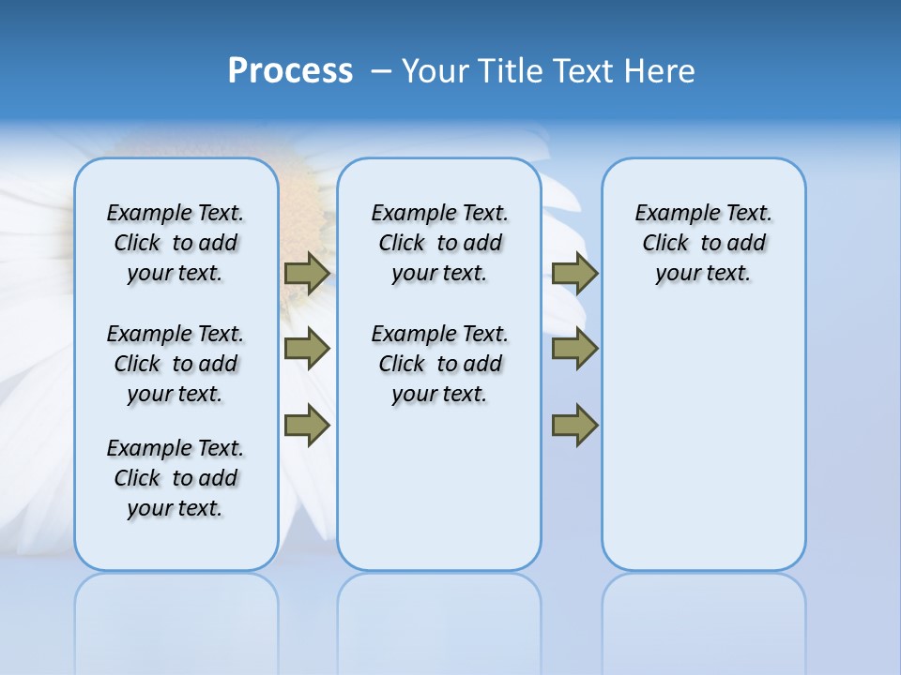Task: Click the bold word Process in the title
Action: click(290, 71)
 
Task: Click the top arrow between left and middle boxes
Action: click(307, 274)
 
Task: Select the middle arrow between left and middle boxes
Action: click(307, 349)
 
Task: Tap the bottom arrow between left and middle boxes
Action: click(307, 426)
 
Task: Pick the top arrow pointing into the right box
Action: click(574, 274)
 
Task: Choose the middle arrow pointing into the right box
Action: click(574, 349)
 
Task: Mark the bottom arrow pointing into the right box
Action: click(574, 426)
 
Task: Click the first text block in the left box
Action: click(176, 243)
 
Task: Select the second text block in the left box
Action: click(176, 364)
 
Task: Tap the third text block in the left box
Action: click(176, 478)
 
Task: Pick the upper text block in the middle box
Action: click(439, 243)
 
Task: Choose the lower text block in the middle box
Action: click(439, 364)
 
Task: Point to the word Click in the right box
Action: click(665, 244)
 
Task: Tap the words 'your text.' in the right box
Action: click(703, 274)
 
